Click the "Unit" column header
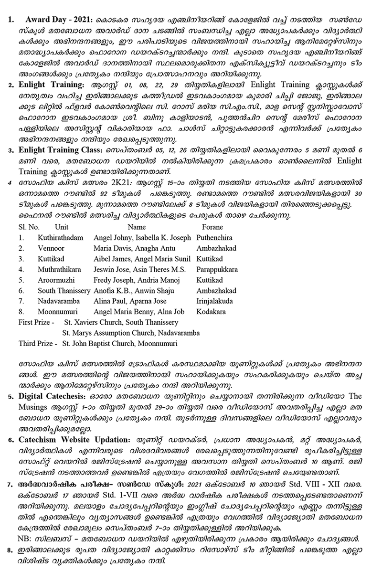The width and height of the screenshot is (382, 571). point(62,227)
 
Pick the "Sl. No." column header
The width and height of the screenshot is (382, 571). point(29,227)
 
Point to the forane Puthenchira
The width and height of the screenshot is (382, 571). point(216,237)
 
